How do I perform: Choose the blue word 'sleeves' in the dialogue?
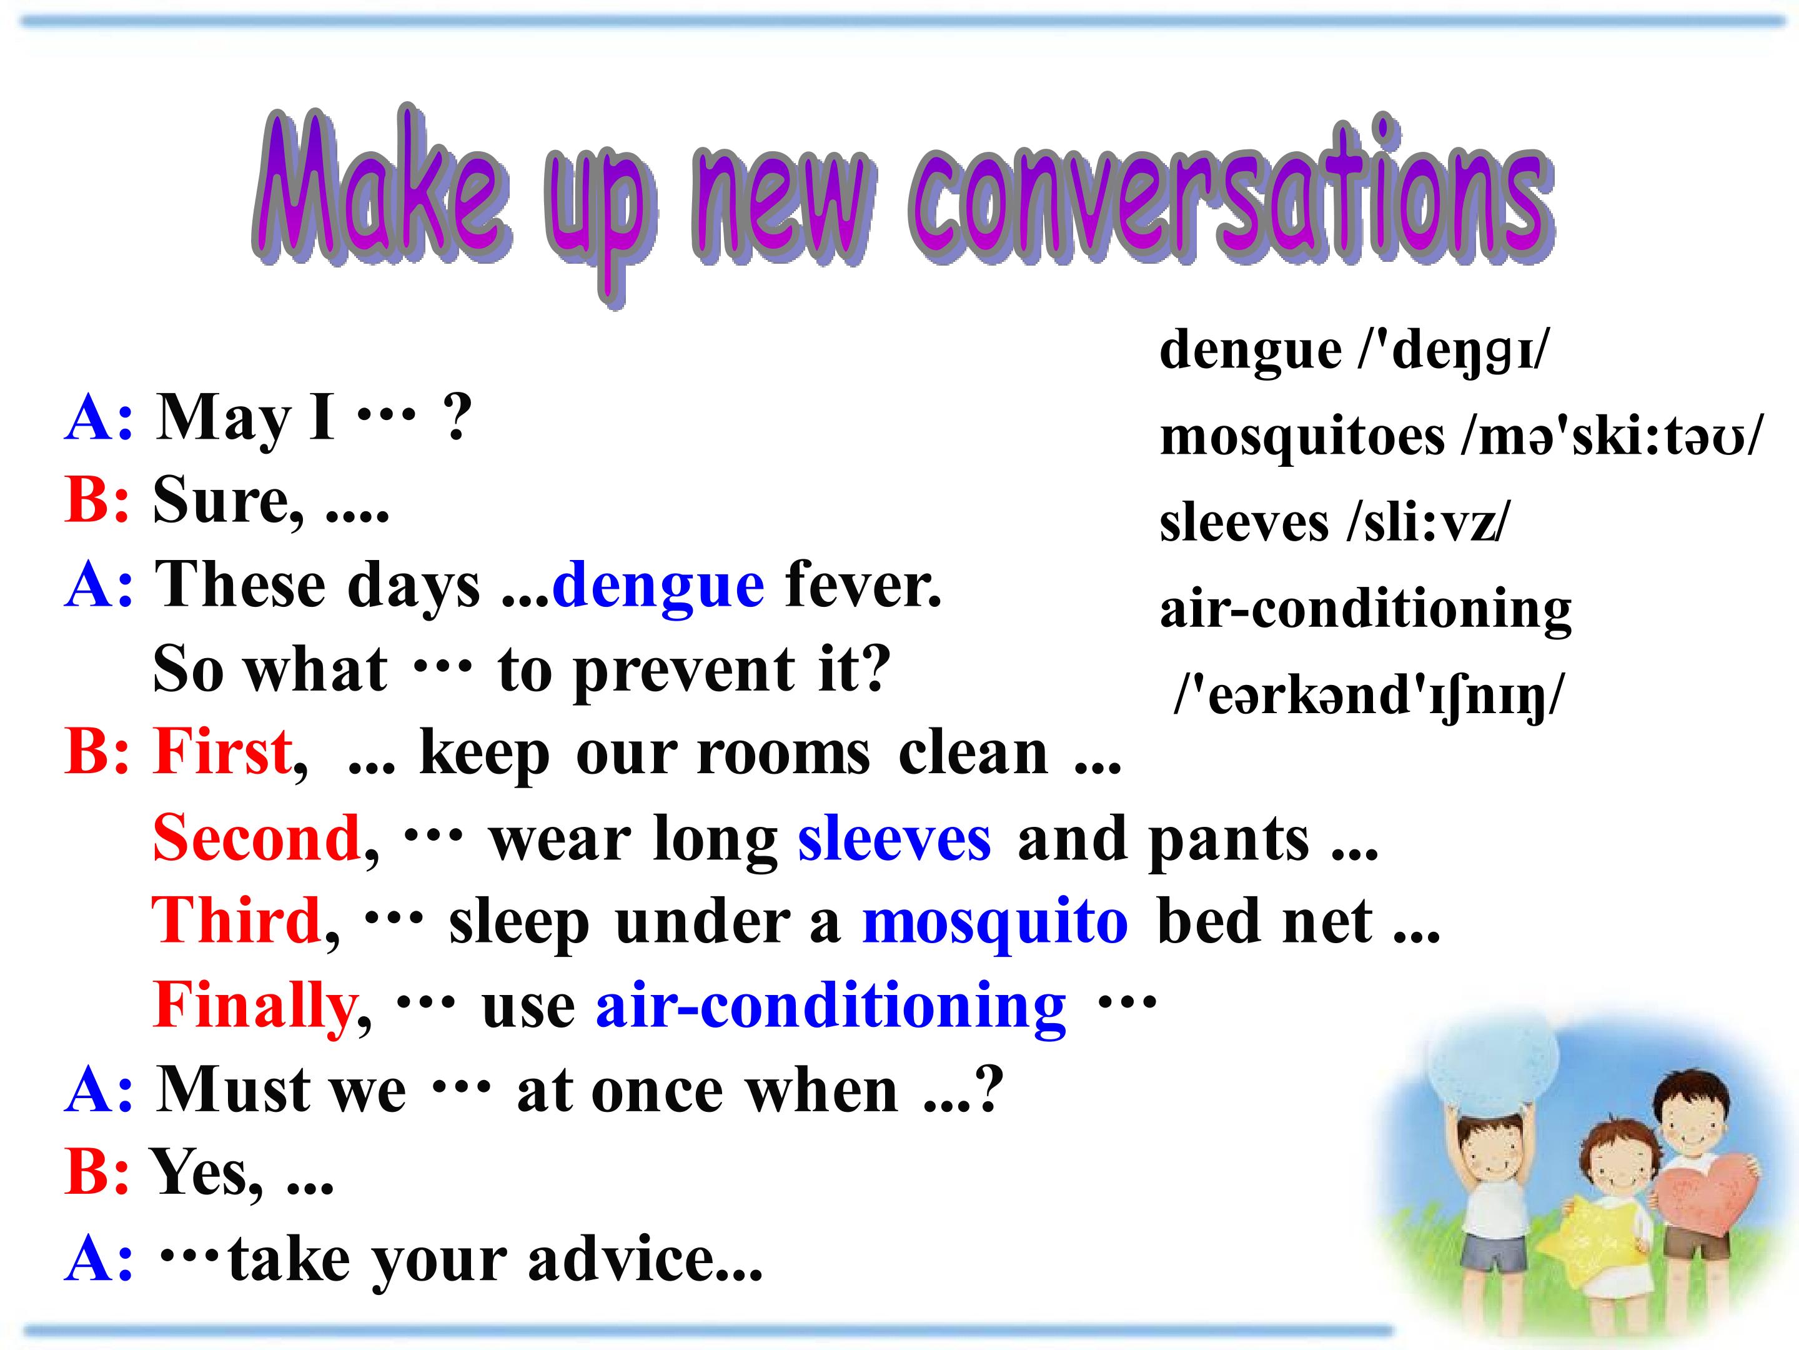pos(895,838)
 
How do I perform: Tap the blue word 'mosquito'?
pos(996,924)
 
